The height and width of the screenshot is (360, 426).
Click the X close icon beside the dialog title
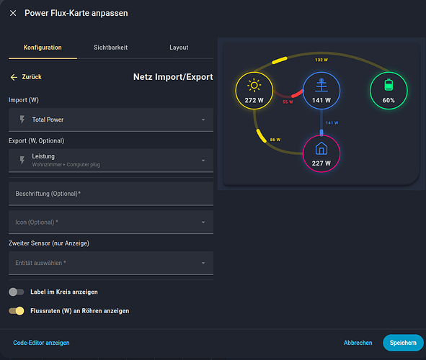coord(13,13)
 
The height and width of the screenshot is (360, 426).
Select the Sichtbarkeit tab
coord(110,48)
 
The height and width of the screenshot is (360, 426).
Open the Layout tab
coord(179,48)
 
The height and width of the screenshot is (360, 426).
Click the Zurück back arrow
coord(14,77)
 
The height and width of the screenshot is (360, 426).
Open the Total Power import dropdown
coord(111,120)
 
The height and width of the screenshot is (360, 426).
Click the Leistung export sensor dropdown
coord(111,161)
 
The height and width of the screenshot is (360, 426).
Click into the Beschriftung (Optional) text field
coord(111,194)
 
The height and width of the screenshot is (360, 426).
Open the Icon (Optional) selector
coord(111,222)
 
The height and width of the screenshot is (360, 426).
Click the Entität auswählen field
coord(111,263)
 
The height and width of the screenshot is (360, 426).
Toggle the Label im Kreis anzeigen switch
coord(17,292)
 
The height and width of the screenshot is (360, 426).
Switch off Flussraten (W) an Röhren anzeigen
coord(17,311)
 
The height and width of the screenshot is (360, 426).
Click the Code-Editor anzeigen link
coord(41,343)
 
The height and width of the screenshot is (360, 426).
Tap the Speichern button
coord(403,343)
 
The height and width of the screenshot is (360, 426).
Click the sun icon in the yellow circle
coord(254,86)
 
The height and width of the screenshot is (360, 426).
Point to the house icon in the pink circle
coord(321,148)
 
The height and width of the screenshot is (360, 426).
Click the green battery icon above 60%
coord(389,85)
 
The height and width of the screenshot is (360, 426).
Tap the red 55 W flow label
coord(288,102)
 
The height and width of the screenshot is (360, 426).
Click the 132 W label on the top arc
coord(321,60)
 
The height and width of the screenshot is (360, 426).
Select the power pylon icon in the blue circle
coord(321,85)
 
